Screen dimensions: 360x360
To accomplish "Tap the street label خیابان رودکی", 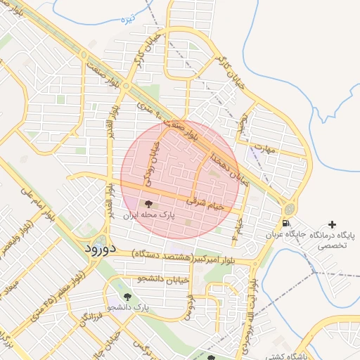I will tap(151, 162).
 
